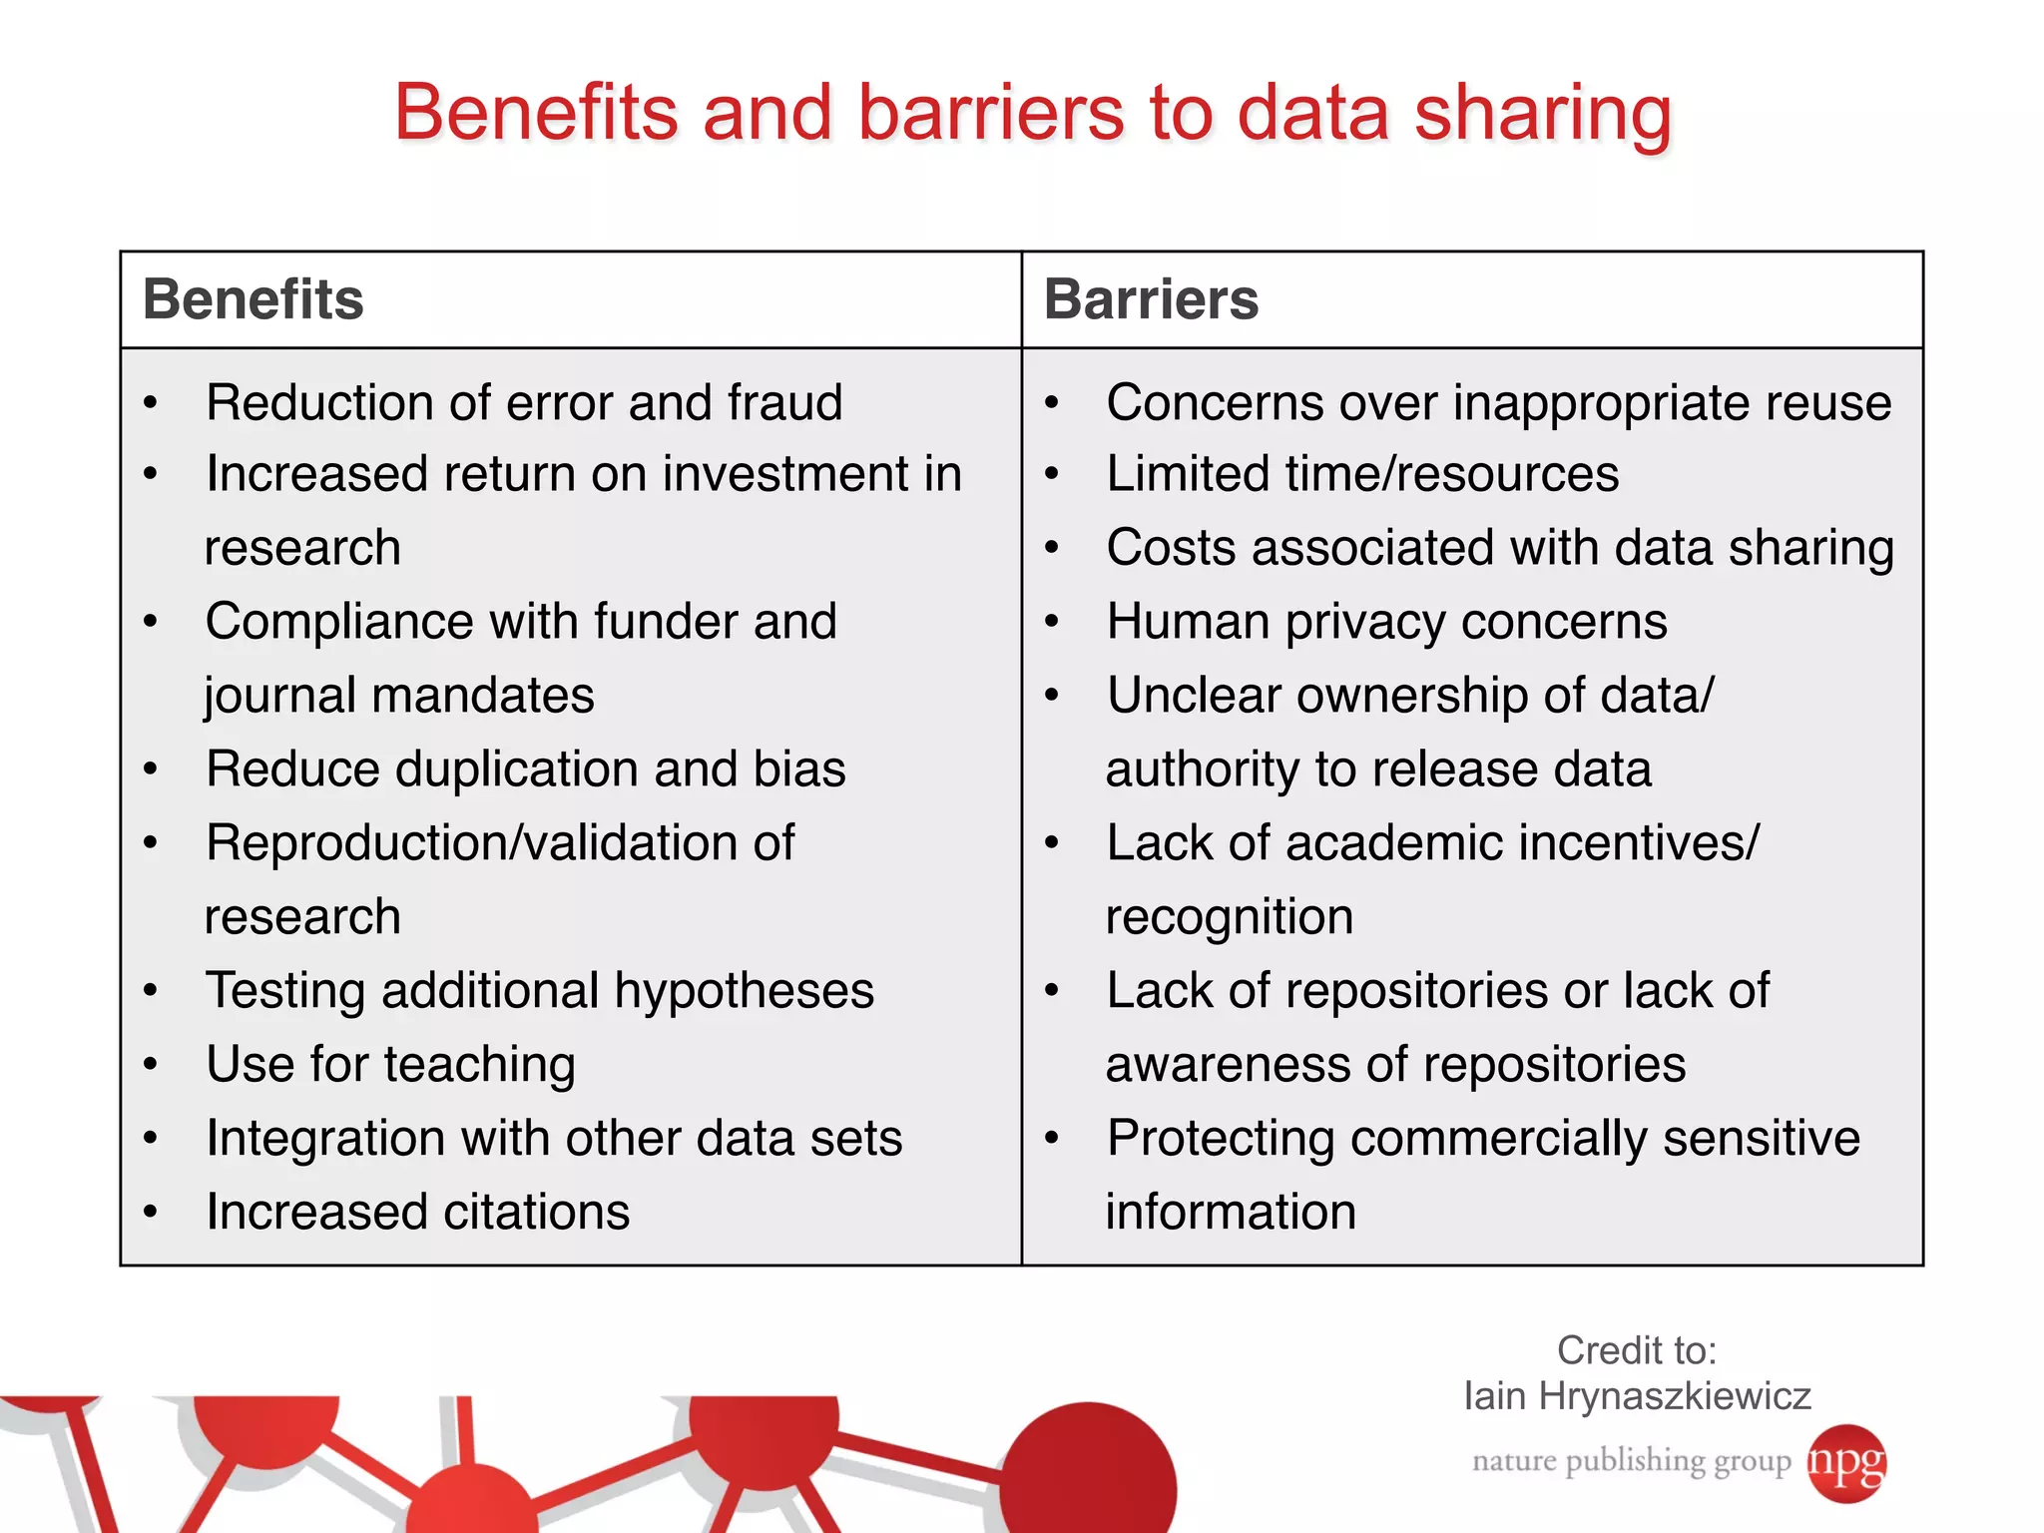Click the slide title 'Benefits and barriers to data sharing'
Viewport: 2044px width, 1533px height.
coord(1033,112)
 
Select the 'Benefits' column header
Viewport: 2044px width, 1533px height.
coord(254,299)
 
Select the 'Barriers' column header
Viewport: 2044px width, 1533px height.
coord(1151,299)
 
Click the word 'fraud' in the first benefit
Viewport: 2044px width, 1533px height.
coord(784,403)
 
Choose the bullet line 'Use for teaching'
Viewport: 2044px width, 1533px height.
coord(390,1065)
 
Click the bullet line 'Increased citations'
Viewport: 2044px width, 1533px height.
coord(417,1213)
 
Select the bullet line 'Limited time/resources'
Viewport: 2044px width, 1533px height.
coord(1362,474)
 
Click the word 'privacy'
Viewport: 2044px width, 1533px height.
coord(1365,623)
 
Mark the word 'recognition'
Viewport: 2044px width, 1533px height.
coord(1230,917)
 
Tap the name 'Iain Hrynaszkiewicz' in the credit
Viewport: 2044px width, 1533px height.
coord(1637,1396)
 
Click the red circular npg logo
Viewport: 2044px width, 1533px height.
coord(1846,1462)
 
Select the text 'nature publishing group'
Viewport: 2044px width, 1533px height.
coord(1631,1461)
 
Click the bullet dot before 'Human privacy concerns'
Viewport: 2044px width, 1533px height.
coord(1051,623)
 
